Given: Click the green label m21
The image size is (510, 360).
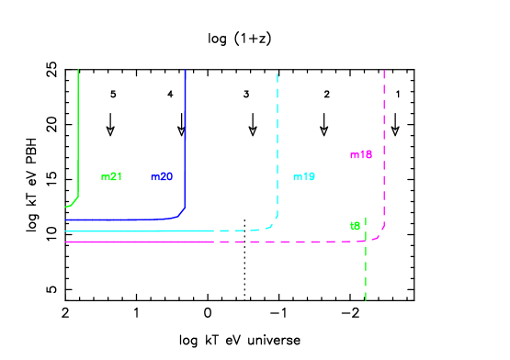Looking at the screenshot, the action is [111, 176].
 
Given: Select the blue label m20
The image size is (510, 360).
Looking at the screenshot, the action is [162, 176].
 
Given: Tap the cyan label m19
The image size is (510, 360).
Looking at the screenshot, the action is [304, 176].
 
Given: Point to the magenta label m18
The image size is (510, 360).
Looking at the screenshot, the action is [361, 154].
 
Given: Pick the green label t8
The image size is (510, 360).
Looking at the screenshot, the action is [356, 226].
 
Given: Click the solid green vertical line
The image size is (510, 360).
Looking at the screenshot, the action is [78, 129].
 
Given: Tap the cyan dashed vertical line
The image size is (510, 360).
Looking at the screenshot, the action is [278, 138].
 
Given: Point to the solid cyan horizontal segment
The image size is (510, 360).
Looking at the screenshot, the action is [138, 231].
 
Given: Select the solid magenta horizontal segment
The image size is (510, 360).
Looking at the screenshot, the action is [138, 242].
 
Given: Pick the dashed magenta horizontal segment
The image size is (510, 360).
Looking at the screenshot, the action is [276, 242].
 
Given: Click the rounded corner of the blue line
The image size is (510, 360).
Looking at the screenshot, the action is [181, 214].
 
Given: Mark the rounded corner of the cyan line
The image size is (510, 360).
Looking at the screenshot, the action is [273, 223].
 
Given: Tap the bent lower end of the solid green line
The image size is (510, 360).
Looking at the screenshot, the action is [72, 203].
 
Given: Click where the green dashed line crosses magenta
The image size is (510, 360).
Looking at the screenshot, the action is [366, 241].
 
